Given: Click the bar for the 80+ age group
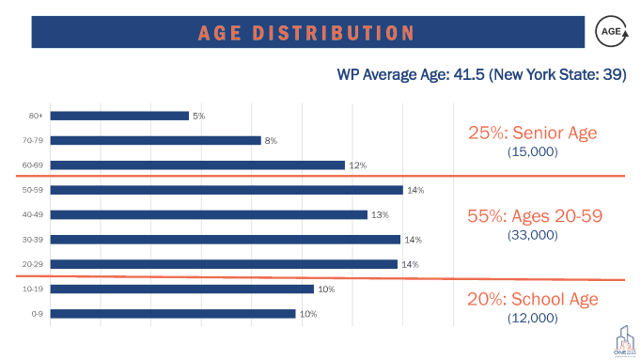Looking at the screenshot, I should [x=119, y=116].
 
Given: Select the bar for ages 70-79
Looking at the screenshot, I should [x=155, y=140].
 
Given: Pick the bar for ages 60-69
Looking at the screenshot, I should [x=197, y=165].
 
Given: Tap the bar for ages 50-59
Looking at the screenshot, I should [x=227, y=190].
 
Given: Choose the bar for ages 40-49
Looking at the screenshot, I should [x=209, y=214].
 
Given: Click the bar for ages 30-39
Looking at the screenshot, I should [x=226, y=240].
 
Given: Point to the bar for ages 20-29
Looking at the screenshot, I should [x=224, y=264].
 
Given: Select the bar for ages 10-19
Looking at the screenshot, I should [x=182, y=289].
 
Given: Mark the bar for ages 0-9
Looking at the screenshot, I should [x=173, y=314].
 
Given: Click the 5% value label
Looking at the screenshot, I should [x=198, y=116].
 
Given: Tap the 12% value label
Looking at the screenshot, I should [x=357, y=165].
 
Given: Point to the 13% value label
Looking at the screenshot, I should [x=380, y=214].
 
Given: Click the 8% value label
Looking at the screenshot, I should [x=271, y=140].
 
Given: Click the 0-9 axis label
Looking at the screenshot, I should [x=38, y=314].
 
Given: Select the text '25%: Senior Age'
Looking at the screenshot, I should [x=532, y=133].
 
